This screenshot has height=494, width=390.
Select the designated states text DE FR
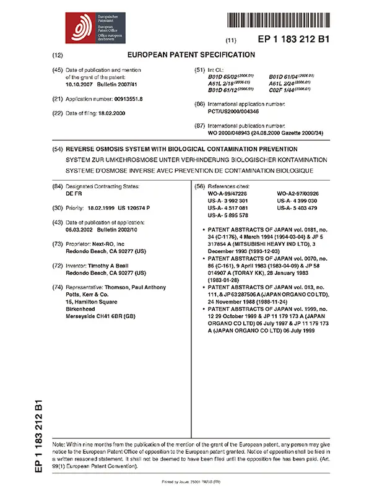(74, 193)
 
